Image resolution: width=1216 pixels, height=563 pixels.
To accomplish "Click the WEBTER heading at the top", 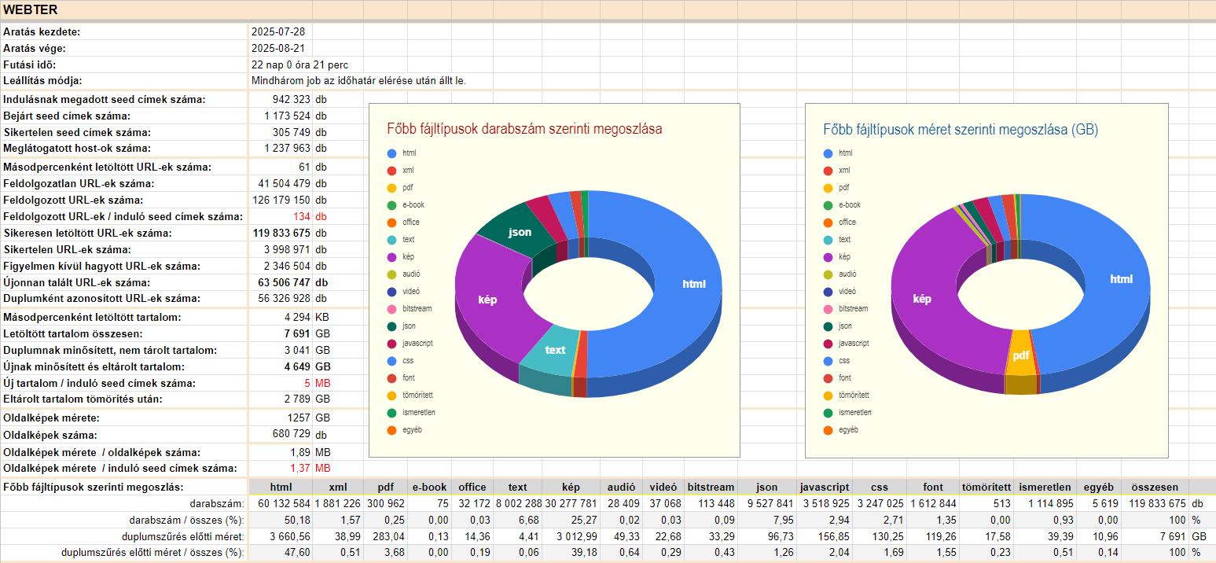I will (31, 9).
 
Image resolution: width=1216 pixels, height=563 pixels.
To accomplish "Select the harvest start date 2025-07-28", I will (277, 32).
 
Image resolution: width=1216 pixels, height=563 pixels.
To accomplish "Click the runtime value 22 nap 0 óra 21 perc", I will (299, 64).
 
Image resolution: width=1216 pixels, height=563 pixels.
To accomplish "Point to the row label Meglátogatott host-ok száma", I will (77, 148).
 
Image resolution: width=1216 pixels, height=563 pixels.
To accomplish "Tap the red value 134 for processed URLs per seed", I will (302, 216).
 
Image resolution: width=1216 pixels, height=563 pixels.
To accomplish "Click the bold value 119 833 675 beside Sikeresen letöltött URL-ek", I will (281, 233).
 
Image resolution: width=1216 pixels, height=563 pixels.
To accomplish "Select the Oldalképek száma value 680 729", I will (290, 435).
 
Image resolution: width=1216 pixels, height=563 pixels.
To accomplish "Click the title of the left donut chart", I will (524, 129).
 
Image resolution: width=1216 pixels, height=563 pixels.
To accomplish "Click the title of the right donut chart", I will (961, 129).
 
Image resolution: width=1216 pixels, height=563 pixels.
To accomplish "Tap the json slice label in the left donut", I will (520, 232).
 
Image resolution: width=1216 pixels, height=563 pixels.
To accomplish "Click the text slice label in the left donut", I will (555, 350).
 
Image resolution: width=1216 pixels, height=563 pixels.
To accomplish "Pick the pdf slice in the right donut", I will (1020, 355).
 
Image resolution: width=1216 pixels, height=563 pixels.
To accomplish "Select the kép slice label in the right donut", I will (922, 299).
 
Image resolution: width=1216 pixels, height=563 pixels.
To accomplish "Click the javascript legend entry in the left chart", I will (417, 343).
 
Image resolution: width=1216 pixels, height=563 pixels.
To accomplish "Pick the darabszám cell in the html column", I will (281, 503).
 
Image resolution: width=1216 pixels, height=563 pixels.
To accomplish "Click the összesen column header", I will (1155, 487).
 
